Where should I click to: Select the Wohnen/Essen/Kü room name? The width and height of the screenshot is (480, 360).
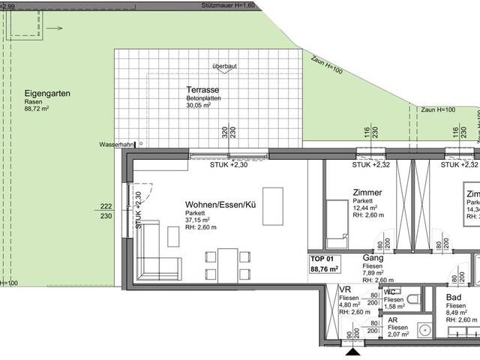[220, 202]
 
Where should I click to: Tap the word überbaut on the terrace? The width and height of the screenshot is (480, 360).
[224, 66]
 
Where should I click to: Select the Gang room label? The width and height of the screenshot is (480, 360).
[373, 256]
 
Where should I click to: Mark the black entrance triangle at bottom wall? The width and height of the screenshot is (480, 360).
[352, 350]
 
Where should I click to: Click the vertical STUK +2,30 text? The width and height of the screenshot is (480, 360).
[138, 210]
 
